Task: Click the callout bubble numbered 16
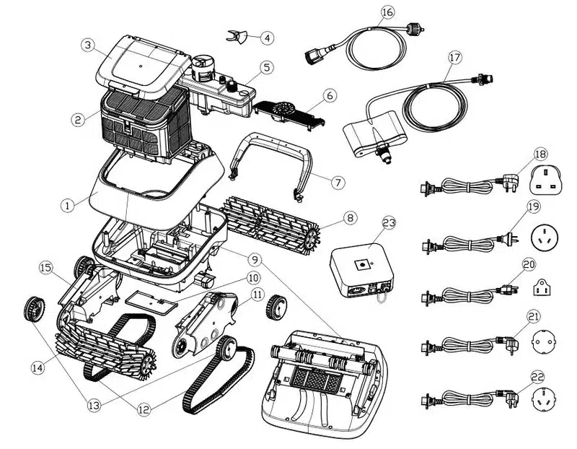click(387, 12)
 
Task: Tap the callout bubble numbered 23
click(389, 224)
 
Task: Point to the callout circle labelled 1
click(66, 206)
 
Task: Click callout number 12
click(144, 409)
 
